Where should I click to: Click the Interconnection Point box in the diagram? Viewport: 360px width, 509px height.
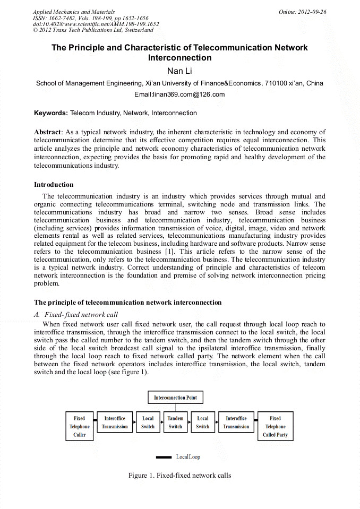pyautogui.click(x=175, y=398)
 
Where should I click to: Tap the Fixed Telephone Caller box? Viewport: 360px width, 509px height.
pyautogui.click(x=79, y=426)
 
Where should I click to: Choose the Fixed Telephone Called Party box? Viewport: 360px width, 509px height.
pyautogui.click(x=275, y=426)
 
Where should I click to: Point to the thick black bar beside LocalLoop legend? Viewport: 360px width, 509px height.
pyautogui.click(x=164, y=457)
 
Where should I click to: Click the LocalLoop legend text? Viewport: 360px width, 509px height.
pyautogui.click(x=188, y=457)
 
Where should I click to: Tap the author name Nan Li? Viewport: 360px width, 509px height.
pyautogui.click(x=179, y=71)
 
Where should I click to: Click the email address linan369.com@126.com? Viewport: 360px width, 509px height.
pyautogui.click(x=179, y=94)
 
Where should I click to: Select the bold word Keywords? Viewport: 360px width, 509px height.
pyautogui.click(x=51, y=113)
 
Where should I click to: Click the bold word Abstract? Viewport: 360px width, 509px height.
pyautogui.click(x=47, y=132)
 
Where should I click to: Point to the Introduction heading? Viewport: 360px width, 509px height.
pyautogui.click(x=54, y=185)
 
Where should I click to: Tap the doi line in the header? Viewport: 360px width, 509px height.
pyautogui.click(x=96, y=24)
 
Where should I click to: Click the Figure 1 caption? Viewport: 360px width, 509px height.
pyautogui.click(x=179, y=475)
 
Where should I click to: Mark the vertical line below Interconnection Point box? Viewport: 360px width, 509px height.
pyautogui.click(x=175, y=408)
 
